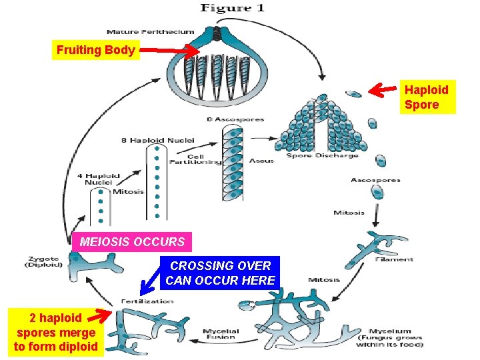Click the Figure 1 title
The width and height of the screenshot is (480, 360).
(x=232, y=8)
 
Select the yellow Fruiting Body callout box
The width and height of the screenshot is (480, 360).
(x=96, y=50)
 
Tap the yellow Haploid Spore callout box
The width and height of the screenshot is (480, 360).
(x=427, y=97)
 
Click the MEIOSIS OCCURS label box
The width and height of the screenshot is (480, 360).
(x=132, y=241)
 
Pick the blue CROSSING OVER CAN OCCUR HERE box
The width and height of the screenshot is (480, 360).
(x=220, y=273)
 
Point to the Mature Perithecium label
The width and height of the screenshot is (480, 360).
(x=151, y=31)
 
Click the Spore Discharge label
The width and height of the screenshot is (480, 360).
(x=322, y=156)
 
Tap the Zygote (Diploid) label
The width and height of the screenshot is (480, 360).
(x=44, y=262)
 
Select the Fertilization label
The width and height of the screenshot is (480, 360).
(x=147, y=301)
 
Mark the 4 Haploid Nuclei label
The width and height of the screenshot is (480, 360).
(x=102, y=179)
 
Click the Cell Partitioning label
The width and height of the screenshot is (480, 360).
(x=195, y=158)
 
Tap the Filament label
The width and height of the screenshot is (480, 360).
(x=399, y=259)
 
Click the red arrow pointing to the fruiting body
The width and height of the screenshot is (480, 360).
(x=170, y=51)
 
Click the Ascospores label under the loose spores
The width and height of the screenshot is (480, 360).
(x=375, y=180)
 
